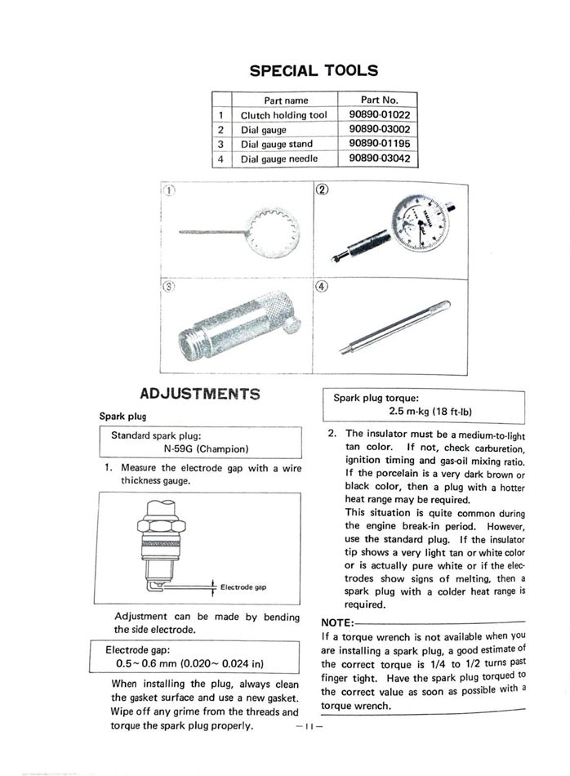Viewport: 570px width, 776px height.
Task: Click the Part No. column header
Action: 379,100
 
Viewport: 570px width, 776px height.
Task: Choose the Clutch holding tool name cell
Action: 283,115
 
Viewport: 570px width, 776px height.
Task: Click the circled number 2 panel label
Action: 322,191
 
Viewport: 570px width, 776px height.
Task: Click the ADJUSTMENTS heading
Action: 199,394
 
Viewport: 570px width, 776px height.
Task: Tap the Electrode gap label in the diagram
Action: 243,586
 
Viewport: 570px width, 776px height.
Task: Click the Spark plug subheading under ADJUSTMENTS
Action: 122,415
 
